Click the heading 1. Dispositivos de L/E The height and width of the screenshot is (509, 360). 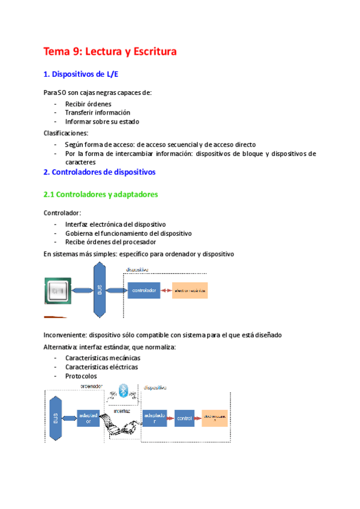85,74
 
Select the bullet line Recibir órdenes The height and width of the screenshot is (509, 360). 88,103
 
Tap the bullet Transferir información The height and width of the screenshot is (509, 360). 98,112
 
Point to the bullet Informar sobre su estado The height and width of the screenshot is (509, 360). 102,121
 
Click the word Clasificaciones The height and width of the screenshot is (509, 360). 66,133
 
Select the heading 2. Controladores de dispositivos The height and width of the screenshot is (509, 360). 100,172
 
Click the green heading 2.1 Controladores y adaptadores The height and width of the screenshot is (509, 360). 101,194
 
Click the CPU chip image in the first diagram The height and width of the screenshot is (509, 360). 58,291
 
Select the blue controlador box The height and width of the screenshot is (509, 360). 144,291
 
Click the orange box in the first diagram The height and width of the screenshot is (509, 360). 190,291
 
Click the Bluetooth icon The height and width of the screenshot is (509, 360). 124,391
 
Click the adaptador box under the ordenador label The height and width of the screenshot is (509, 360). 88,417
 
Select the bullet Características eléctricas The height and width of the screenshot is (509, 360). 101,367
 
